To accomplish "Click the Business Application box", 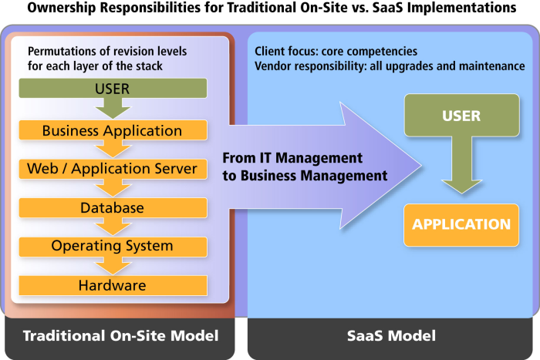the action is point(113,130).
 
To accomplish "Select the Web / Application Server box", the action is point(113,169).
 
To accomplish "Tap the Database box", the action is point(113,208).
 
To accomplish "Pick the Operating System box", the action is point(113,247).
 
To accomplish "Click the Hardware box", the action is point(113,285).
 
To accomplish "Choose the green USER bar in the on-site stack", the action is point(113,88).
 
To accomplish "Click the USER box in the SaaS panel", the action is point(461,116).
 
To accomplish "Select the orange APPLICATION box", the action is point(461,225).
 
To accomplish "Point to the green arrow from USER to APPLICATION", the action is point(462,165).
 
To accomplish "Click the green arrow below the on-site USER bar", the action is point(113,109).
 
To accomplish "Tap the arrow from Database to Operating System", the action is point(113,227).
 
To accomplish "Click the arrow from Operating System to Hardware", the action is point(113,266).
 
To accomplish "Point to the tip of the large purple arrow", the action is point(421,166).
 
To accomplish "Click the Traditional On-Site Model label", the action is point(120,335).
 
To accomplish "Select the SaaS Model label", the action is point(391,335).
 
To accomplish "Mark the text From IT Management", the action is point(292,158).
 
